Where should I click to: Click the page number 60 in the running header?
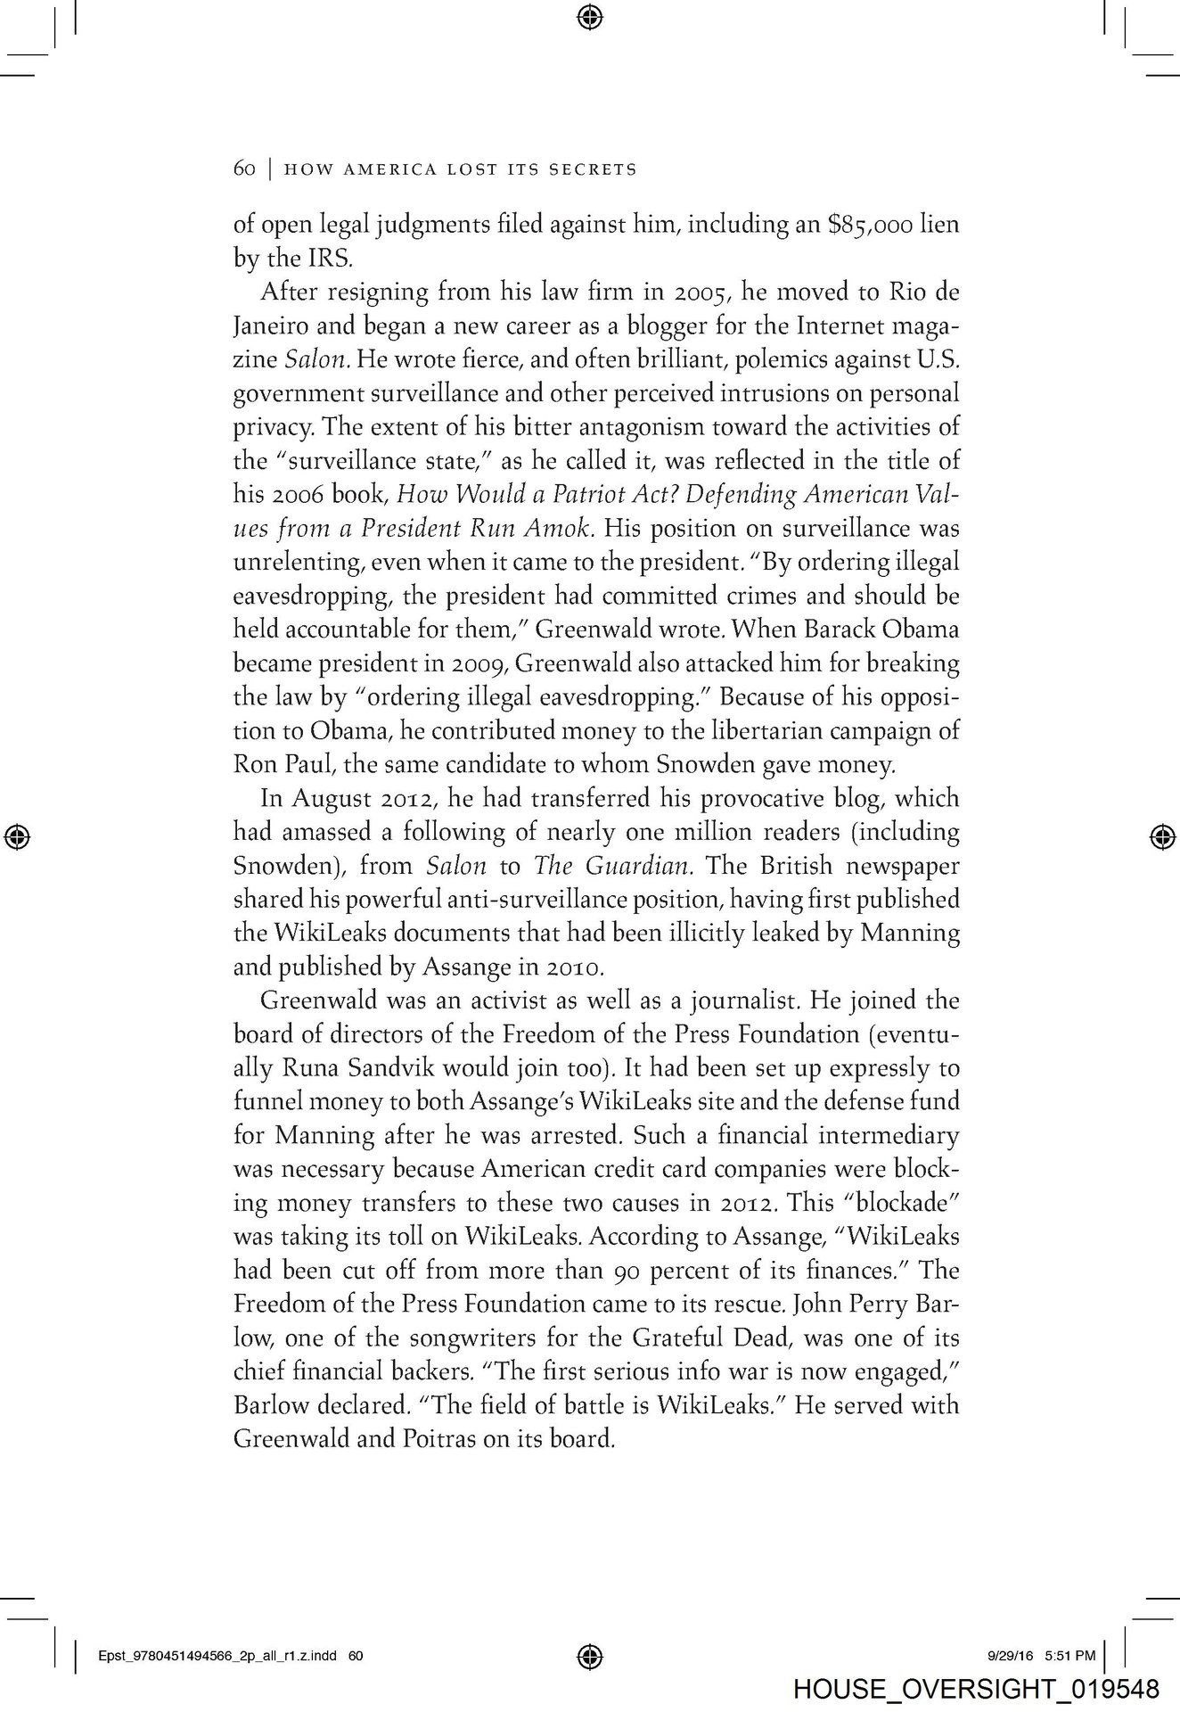tap(244, 169)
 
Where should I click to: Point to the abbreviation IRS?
tap(309, 258)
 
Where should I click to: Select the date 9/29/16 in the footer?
tap(1010, 1656)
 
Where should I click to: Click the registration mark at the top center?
tap(590, 15)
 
